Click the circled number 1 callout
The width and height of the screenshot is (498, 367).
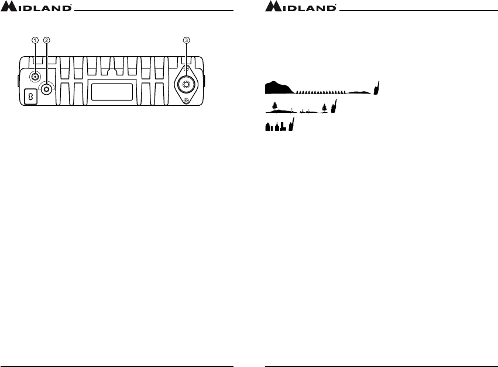tap(35, 40)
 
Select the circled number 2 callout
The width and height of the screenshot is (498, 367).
tap(47, 40)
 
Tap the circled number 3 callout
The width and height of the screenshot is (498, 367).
tap(186, 40)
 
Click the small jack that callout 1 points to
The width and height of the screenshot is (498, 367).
tap(35, 76)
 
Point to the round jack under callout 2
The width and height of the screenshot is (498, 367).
tap(46, 88)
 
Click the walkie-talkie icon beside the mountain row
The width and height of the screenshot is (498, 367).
tap(378, 88)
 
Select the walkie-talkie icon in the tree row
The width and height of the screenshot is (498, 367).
tap(334, 107)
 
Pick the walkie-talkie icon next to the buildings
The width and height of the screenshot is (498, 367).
tap(291, 125)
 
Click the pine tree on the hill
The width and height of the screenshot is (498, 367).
tap(274, 106)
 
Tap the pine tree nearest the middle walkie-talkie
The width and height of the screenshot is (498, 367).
tap(324, 108)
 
